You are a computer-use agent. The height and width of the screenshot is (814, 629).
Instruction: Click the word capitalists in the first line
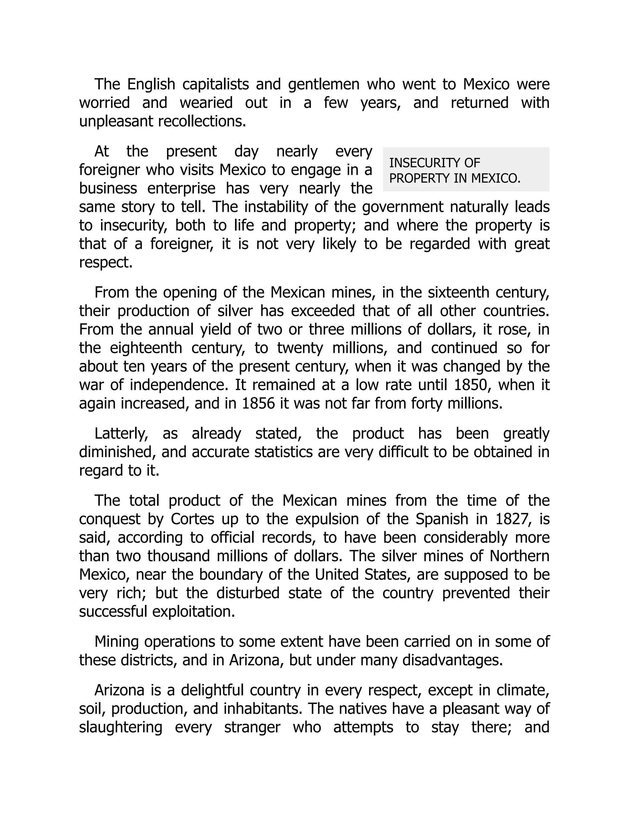point(215,84)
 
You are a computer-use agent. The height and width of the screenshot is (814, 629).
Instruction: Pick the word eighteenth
point(146,348)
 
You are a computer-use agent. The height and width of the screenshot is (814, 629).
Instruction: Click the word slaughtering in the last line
point(120,727)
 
